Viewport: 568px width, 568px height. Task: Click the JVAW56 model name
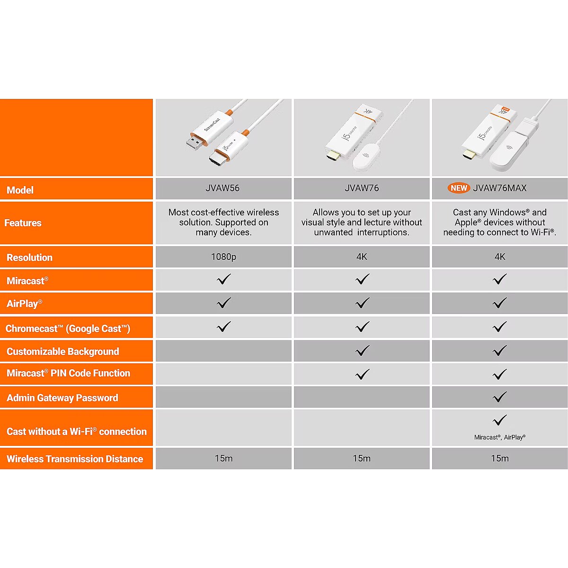pos(222,188)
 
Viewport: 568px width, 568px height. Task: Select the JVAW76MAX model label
pos(500,188)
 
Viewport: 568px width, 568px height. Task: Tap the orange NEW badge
pos(459,188)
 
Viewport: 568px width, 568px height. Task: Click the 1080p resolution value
pos(223,257)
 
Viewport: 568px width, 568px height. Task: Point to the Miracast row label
pos(27,280)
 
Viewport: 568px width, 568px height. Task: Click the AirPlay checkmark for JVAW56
pos(224,303)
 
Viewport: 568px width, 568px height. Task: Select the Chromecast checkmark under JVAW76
pos(362,327)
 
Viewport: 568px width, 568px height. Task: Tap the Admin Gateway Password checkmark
pos(500,397)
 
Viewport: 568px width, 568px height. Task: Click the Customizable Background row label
pos(63,351)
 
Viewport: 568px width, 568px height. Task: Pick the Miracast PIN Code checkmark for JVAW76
pos(362,374)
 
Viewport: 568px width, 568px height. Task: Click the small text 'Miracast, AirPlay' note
pos(500,437)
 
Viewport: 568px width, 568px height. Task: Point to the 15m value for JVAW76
pos(362,458)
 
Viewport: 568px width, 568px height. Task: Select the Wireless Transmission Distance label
pos(75,459)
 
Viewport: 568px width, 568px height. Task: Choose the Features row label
pos(23,223)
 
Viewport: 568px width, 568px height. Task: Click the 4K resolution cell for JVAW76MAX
pos(500,257)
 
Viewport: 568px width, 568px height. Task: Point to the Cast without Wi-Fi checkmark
pos(500,420)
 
